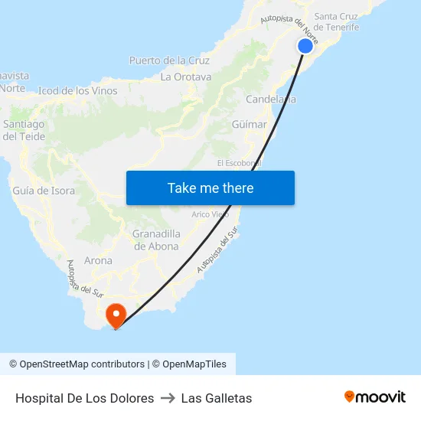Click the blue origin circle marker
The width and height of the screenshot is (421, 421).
click(305, 46)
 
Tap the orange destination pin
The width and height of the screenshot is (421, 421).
click(116, 315)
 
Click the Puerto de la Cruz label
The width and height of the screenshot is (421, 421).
click(169, 60)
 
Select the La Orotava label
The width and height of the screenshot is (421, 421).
click(186, 77)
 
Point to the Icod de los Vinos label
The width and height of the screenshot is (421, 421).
click(78, 91)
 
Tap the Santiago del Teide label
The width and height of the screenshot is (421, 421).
click(24, 130)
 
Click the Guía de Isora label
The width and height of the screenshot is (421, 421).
click(43, 191)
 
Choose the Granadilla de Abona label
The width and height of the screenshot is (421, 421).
click(156, 240)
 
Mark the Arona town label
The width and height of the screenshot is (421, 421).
click(98, 260)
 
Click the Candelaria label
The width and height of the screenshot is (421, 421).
click(271, 100)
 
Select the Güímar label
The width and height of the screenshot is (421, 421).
click(249, 124)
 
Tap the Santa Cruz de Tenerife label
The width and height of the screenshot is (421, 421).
click(337, 21)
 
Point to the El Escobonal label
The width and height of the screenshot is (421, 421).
click(239, 163)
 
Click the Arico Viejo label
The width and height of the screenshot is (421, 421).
click(210, 214)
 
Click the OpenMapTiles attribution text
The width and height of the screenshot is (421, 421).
click(192, 364)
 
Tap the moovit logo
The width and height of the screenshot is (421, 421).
click(375, 397)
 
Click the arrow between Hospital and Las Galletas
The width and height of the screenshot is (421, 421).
click(168, 398)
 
